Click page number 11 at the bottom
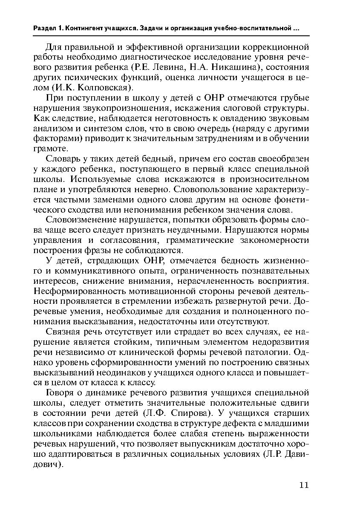[304, 485]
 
